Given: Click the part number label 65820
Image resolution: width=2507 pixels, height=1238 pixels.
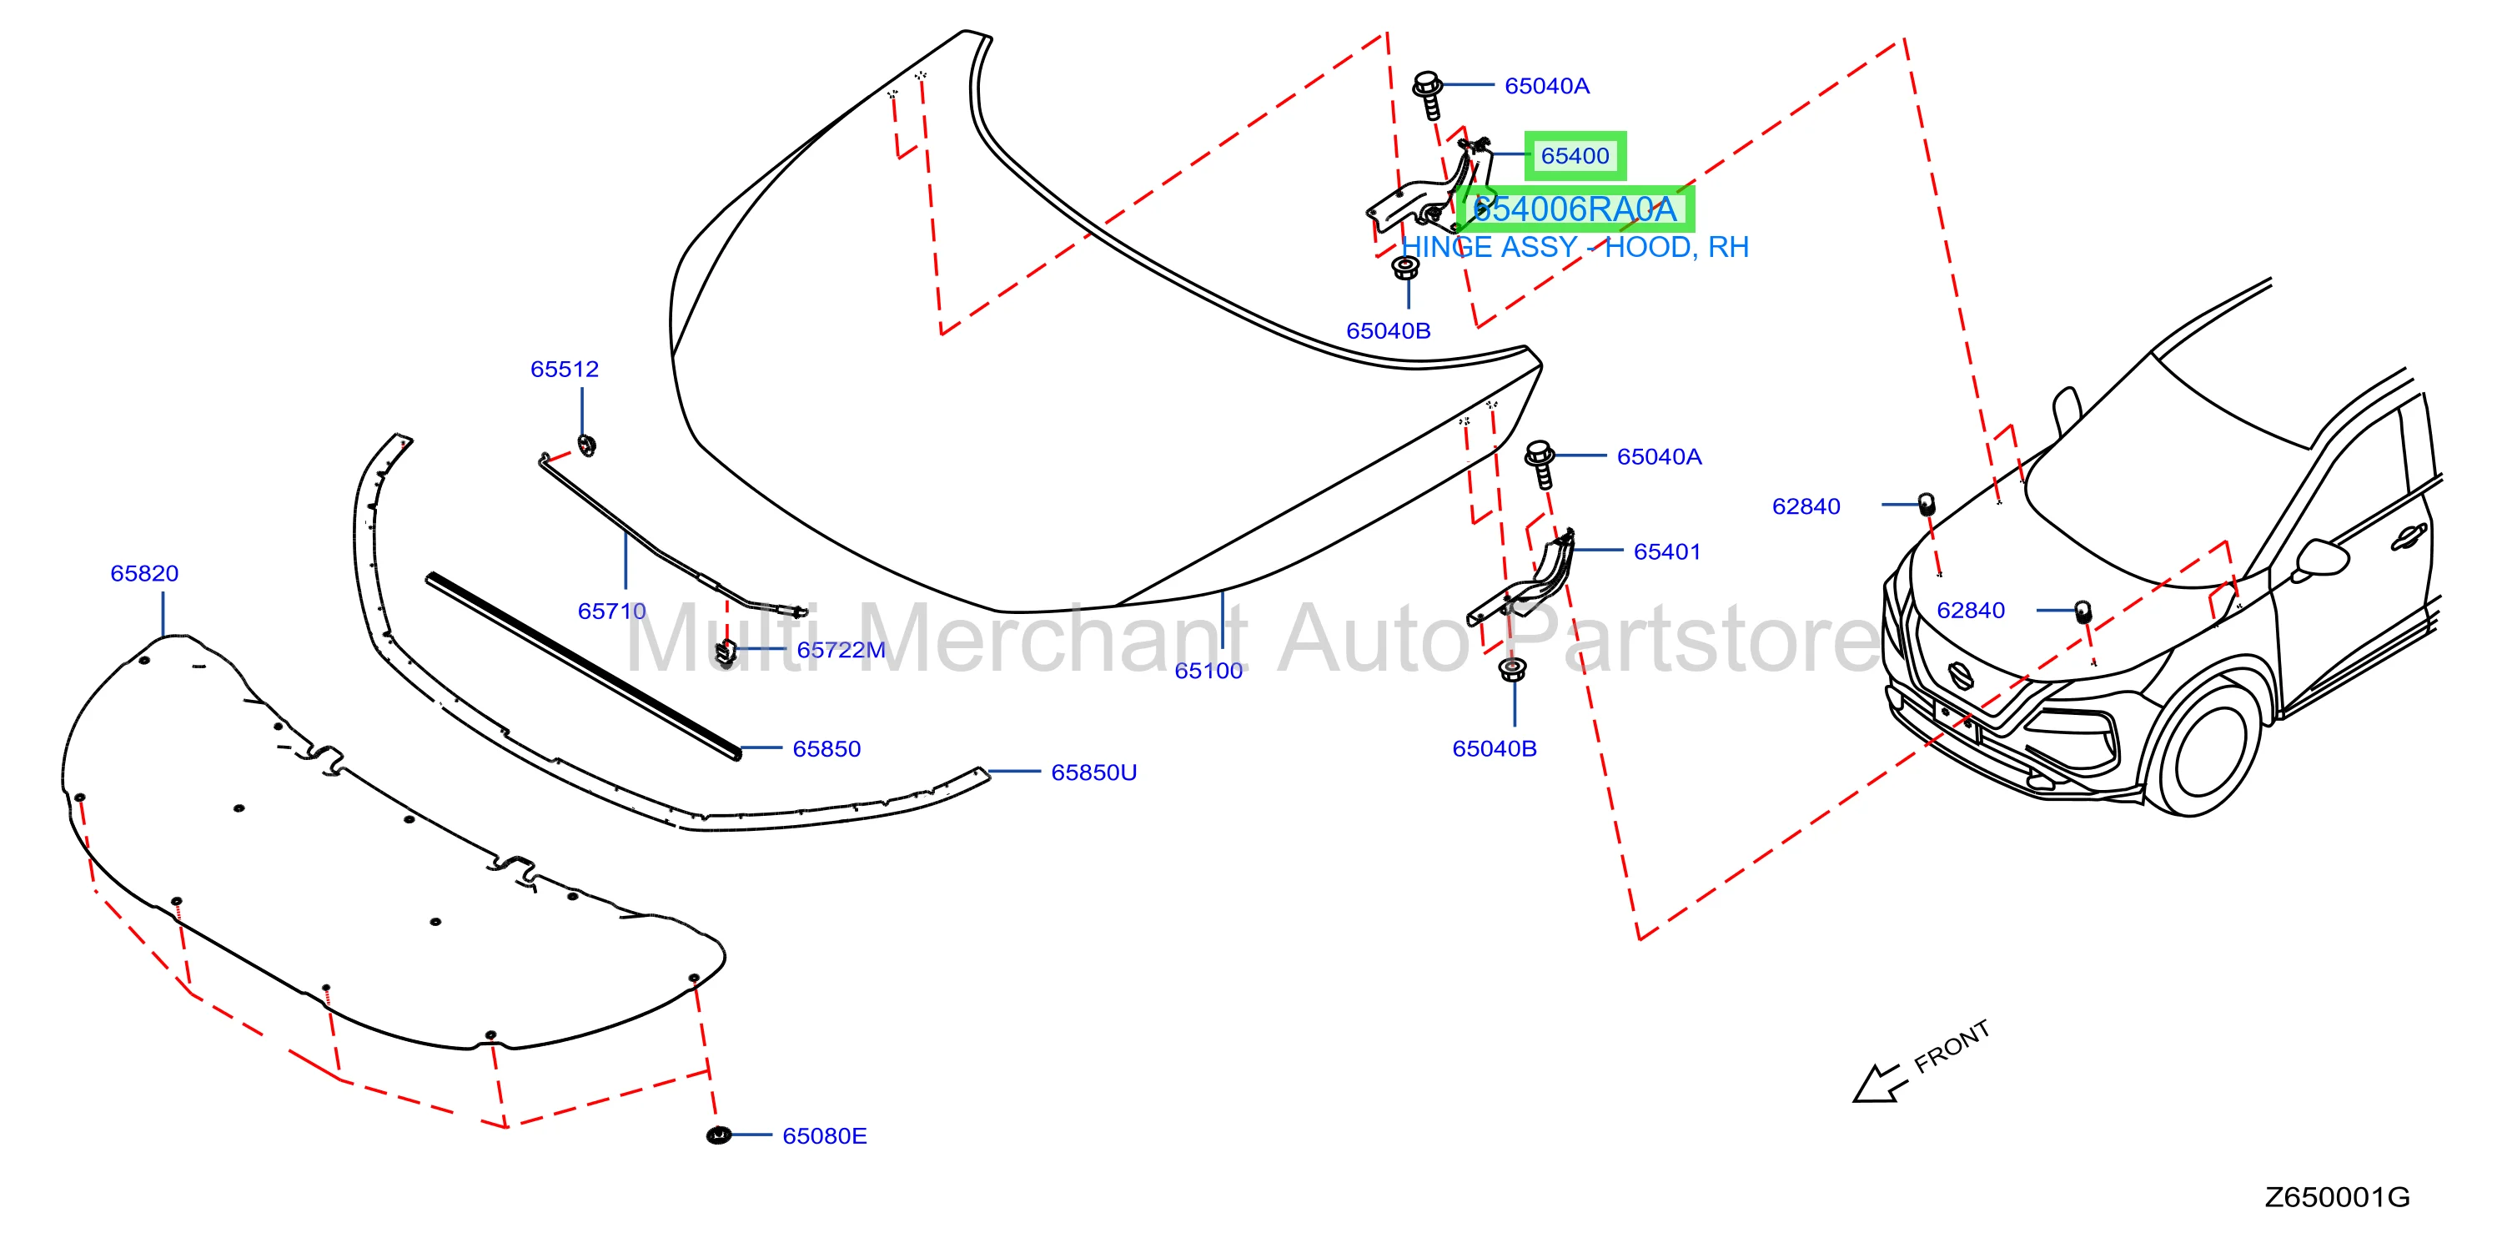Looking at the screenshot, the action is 144,573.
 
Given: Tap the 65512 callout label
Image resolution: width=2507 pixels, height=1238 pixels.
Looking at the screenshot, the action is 565,369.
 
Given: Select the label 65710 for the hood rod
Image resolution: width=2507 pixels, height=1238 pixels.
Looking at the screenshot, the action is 612,611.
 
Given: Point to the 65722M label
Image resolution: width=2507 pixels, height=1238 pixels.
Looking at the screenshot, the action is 841,650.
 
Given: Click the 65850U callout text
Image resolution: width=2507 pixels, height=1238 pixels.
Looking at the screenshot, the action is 1094,772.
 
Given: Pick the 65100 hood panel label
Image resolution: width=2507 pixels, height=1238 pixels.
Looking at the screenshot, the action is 1208,671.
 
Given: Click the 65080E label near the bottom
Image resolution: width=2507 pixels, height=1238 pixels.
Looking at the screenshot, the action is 824,1136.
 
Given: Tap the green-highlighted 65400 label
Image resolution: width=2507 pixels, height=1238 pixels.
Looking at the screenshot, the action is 1575,156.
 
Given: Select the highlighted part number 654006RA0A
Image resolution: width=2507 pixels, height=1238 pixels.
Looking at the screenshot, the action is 1575,209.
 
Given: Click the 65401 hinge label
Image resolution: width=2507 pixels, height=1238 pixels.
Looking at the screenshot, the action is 1667,552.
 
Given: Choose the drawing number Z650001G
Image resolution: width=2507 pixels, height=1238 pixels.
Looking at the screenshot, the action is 2338,1198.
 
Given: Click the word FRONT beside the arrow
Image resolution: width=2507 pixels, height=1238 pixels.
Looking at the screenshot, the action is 1952,1047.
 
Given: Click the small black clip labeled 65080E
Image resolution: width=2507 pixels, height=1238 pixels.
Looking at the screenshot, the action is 719,1135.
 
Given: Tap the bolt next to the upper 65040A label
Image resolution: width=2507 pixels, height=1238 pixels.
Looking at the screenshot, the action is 1429,94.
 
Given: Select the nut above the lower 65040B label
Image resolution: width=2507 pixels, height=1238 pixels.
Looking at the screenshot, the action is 1511,670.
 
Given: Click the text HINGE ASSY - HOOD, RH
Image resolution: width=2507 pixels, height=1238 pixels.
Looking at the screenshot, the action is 1575,247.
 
